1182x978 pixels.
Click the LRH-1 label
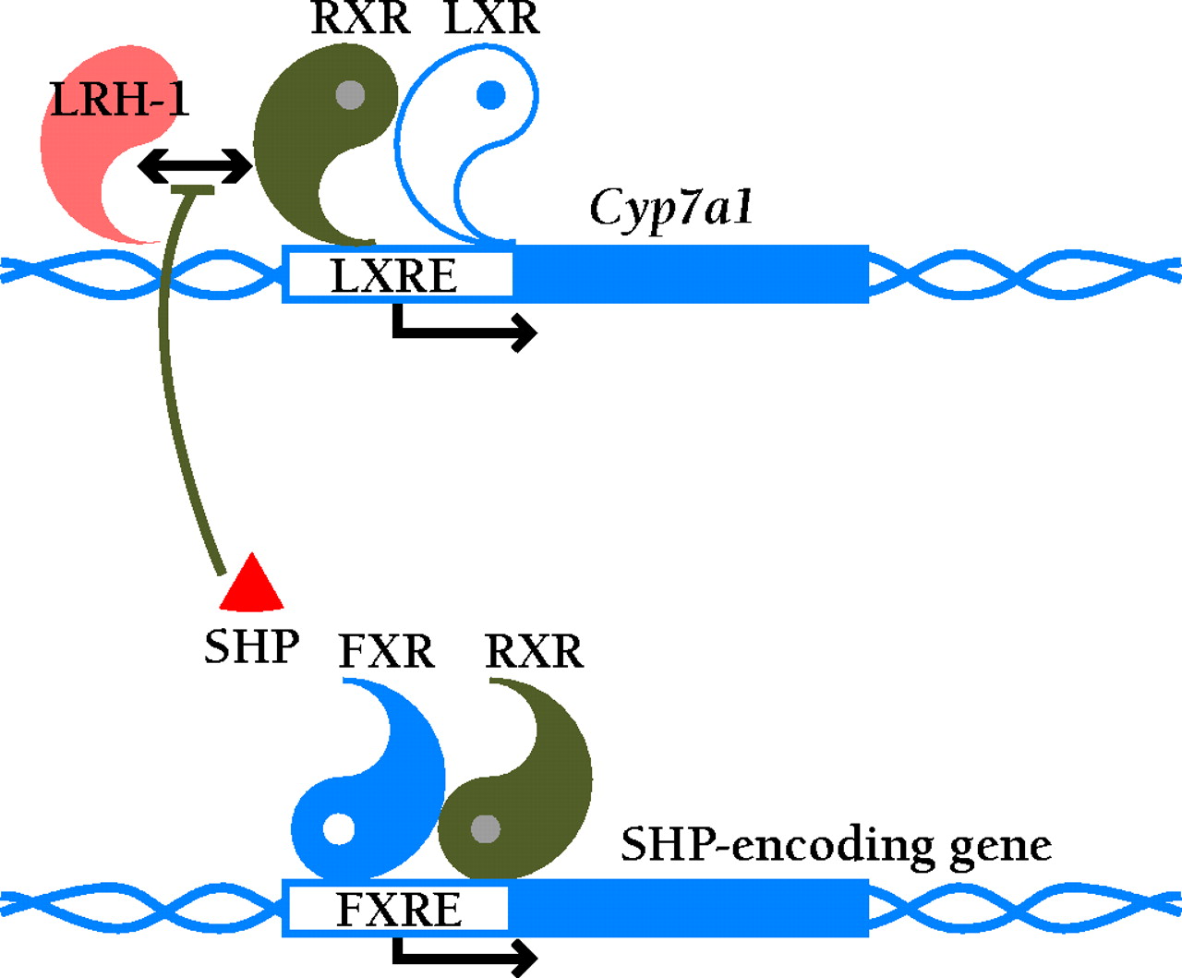(x=119, y=99)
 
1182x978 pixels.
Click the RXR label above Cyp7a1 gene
(x=360, y=18)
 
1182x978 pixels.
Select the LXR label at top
(x=490, y=18)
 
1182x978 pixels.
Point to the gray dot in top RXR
(x=350, y=94)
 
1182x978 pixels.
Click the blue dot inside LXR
(x=490, y=94)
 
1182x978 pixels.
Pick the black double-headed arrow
(x=194, y=166)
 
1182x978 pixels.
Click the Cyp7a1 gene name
(x=671, y=207)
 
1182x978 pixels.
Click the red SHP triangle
(x=251, y=585)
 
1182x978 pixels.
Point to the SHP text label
(x=251, y=646)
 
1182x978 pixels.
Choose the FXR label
(x=386, y=652)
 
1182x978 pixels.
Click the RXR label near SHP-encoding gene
(x=534, y=652)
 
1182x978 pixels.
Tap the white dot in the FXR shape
(x=338, y=828)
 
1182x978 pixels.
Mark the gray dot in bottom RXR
(x=486, y=828)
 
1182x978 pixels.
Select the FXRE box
(x=398, y=909)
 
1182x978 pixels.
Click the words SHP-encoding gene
(x=836, y=844)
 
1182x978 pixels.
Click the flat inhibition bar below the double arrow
(x=194, y=190)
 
